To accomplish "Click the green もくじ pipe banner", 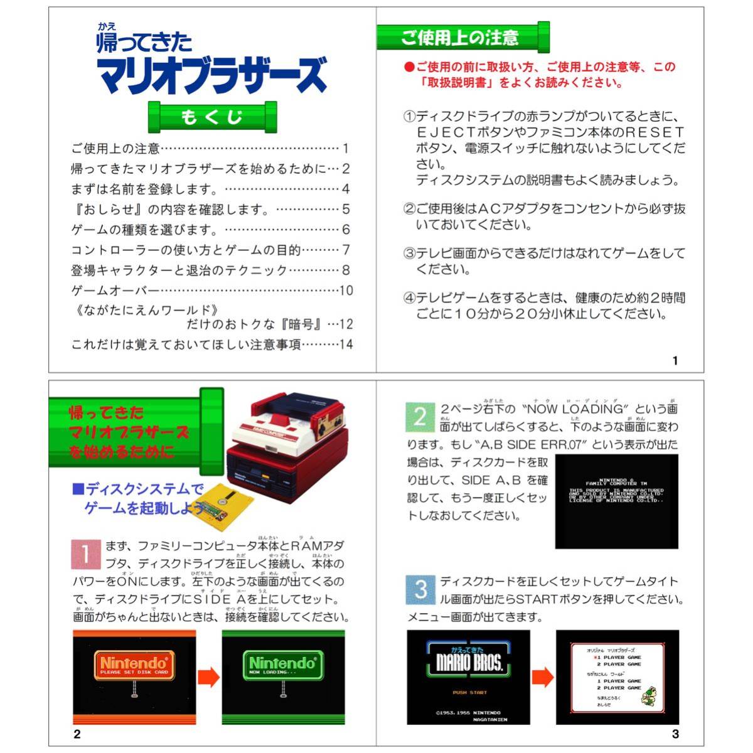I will click(x=212, y=117).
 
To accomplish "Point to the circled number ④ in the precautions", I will click(x=409, y=298).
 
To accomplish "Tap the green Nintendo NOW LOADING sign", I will click(x=282, y=665).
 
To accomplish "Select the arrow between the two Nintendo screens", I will click(x=209, y=677).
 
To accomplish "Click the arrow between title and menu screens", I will click(x=543, y=677).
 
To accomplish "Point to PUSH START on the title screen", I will click(x=470, y=692).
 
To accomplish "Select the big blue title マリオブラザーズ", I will click(x=212, y=74).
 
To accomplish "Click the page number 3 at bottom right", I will click(x=675, y=734).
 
